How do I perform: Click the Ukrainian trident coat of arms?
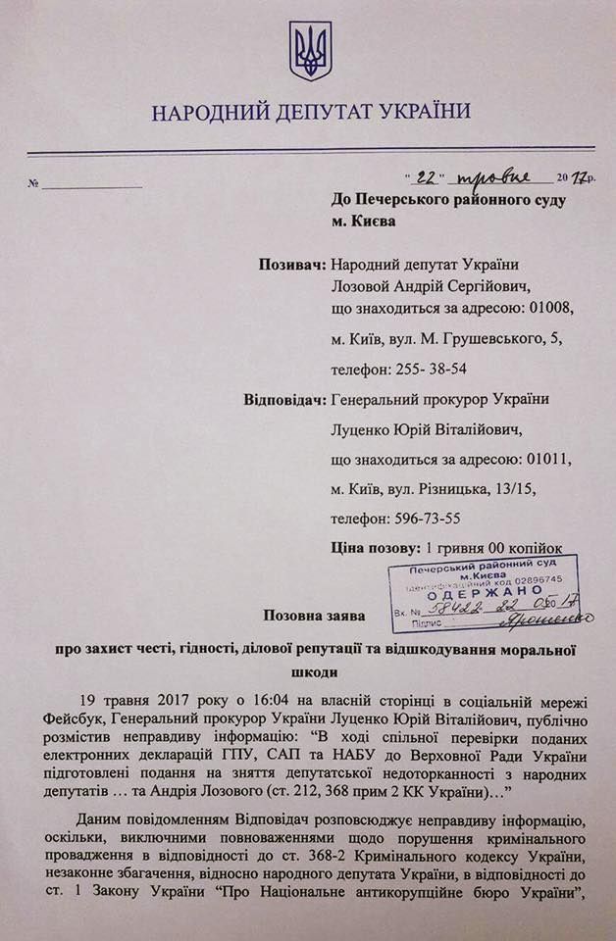tap(309, 51)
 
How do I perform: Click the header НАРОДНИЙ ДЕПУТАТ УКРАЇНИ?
tap(310, 112)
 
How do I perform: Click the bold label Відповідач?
tap(282, 401)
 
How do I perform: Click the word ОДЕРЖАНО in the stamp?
tap(480, 591)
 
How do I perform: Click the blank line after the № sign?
tap(90, 184)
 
